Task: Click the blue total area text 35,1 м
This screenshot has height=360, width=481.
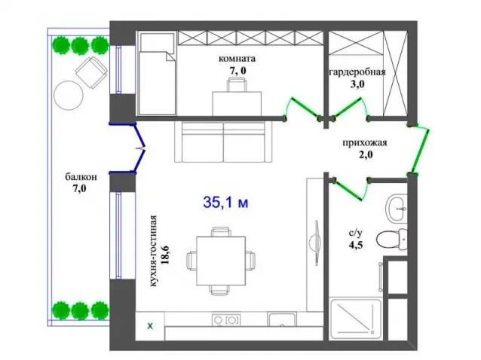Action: [x=225, y=202]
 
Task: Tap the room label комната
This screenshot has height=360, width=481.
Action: [x=237, y=58]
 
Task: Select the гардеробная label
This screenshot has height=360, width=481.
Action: [x=357, y=72]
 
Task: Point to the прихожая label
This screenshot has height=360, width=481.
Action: [x=365, y=143]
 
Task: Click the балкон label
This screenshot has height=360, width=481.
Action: [x=81, y=177]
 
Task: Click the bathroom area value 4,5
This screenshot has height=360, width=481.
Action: [x=356, y=245]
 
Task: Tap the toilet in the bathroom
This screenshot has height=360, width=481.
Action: [x=392, y=238]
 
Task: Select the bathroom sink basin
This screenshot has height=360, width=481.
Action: [x=397, y=209]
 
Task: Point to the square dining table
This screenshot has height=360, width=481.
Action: [x=221, y=261]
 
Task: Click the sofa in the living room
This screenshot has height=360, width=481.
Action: [x=223, y=142]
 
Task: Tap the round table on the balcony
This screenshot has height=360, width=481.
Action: [x=69, y=96]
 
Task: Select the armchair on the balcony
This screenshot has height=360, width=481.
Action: [x=92, y=72]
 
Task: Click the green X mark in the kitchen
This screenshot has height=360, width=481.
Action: [x=150, y=326]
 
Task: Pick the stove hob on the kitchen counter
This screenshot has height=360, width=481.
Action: [x=226, y=320]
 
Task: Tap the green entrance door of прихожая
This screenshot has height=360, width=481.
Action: [x=418, y=150]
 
